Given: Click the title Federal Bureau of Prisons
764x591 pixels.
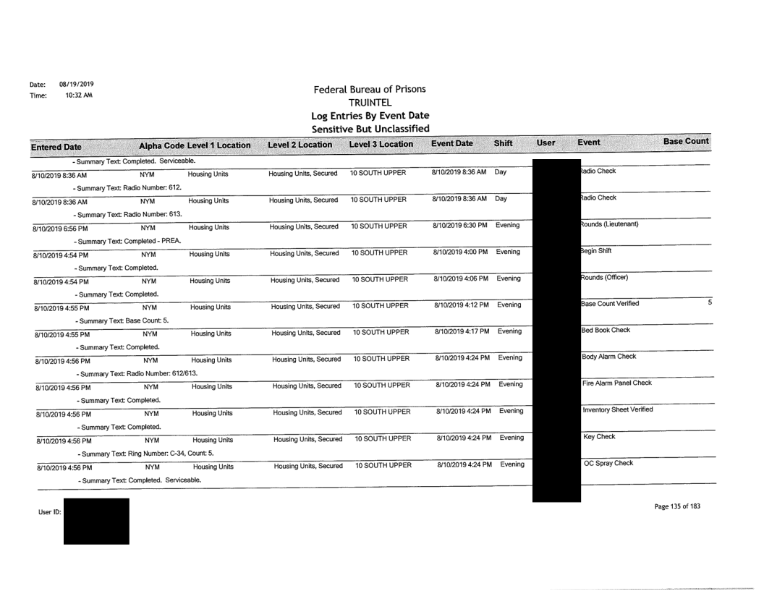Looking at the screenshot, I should tap(369, 90).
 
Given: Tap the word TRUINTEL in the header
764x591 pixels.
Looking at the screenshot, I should tap(369, 103).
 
